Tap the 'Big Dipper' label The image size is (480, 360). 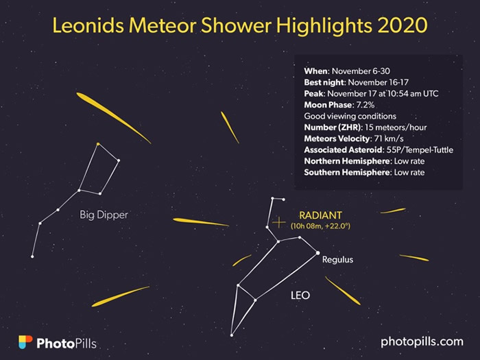pos(104,215)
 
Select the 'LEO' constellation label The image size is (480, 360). pos(299,296)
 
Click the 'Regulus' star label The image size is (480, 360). pos(337,260)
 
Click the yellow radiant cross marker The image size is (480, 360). pos(278,223)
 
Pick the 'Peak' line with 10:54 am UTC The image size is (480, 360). pos(372,94)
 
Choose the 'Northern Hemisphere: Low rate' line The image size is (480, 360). pos(364,162)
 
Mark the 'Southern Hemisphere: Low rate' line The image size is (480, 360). pos(364,173)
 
